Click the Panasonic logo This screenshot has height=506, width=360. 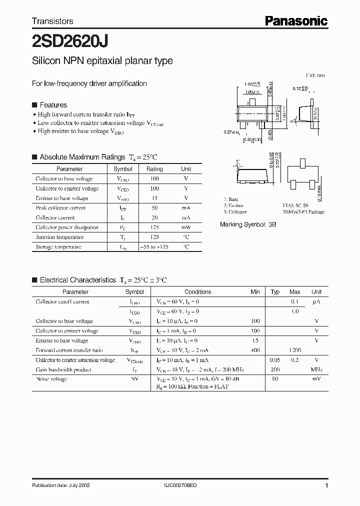(296, 21)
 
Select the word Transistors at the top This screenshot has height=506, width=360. (52, 21)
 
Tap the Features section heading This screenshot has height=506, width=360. (53, 105)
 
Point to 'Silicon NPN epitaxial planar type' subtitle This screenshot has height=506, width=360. (102, 61)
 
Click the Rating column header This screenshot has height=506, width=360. (154, 169)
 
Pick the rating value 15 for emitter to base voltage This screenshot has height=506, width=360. (154, 198)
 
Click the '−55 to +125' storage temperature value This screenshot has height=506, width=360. (154, 247)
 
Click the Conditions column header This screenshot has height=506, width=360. (198, 292)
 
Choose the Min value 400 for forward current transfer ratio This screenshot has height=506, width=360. (255, 350)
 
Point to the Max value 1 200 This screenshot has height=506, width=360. (294, 350)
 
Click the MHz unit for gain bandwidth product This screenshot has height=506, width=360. (316, 370)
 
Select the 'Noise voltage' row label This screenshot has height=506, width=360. (51, 379)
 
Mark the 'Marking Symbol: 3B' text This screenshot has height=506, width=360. (248, 225)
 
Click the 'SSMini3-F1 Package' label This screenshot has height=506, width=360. (303, 211)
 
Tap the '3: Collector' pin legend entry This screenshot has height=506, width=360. (235, 211)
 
